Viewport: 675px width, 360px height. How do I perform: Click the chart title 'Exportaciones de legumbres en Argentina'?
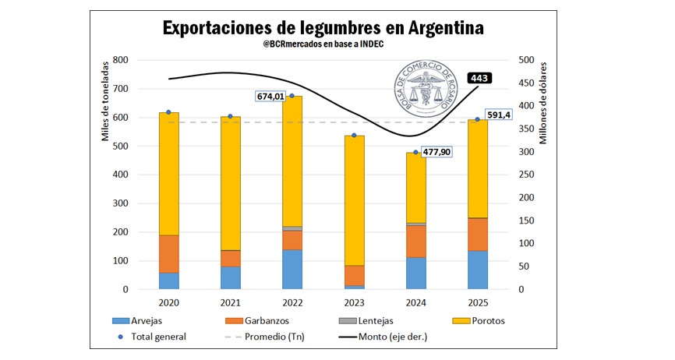tap(323, 27)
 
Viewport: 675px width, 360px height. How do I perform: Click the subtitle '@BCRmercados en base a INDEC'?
tap(323, 45)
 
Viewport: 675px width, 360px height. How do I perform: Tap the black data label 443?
tap(479, 78)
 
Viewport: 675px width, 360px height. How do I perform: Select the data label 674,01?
tap(271, 97)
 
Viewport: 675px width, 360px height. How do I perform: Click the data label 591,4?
tap(500, 115)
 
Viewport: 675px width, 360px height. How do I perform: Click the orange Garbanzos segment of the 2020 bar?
tap(169, 254)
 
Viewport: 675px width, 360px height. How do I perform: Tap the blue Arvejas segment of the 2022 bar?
tap(292, 270)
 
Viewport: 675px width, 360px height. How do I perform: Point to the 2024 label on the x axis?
tap(415, 302)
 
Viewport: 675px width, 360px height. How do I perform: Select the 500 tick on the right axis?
tap(527, 60)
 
